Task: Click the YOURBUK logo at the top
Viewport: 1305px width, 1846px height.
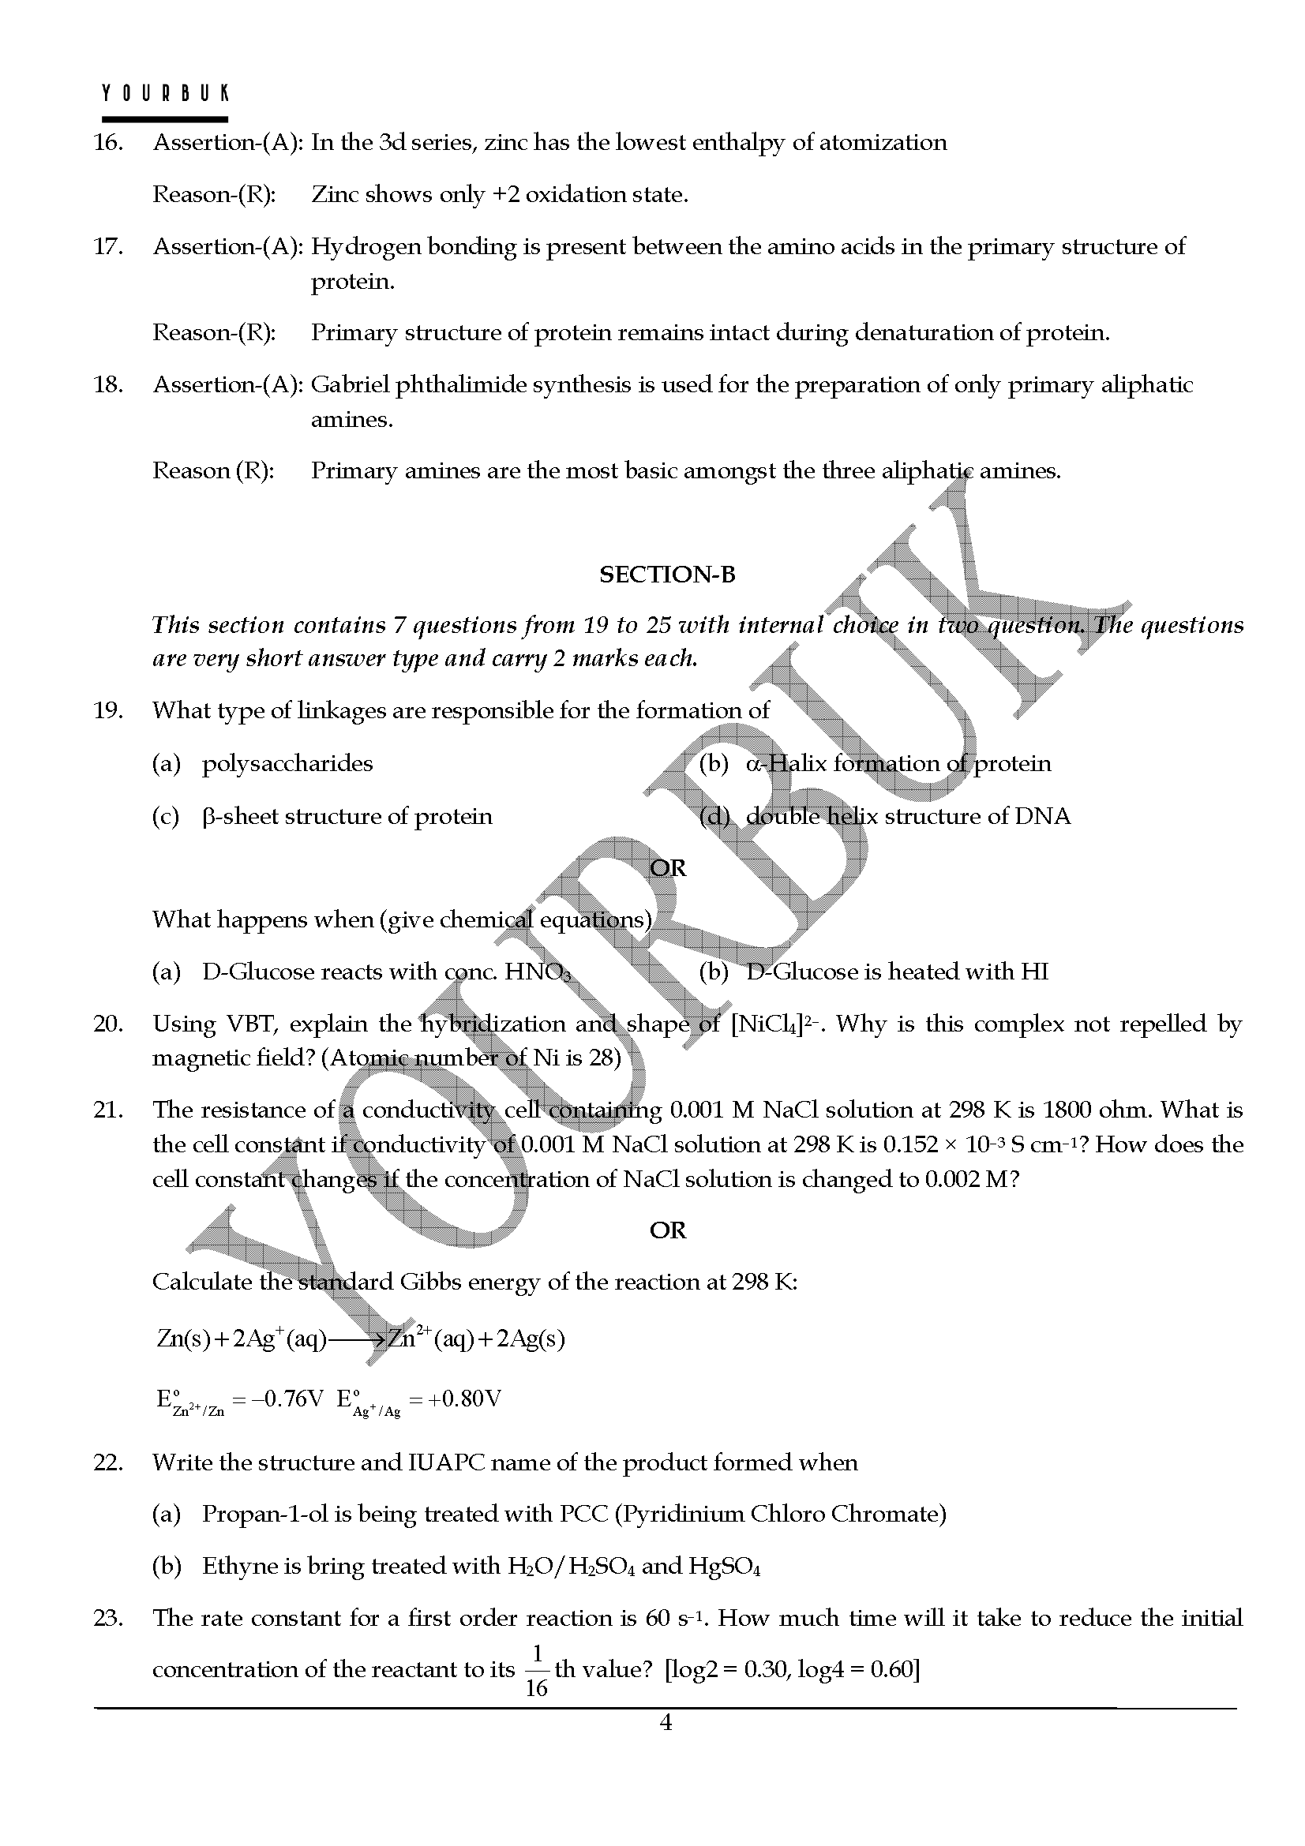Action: (165, 93)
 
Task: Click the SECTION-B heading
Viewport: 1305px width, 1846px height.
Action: (666, 575)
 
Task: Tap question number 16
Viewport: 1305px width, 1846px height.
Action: (107, 143)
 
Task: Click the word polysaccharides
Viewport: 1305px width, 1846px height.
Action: (287, 763)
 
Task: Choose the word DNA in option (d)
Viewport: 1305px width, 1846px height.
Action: (1043, 817)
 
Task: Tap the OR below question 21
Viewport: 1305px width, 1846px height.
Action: (667, 1231)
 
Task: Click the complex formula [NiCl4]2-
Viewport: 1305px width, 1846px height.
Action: (777, 1025)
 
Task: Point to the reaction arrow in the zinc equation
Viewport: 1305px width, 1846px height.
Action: (357, 1339)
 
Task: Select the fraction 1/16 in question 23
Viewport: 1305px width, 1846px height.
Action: (535, 1671)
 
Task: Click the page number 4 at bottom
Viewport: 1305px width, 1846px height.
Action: (665, 1723)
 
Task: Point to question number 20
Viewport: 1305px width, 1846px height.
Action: (107, 1024)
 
